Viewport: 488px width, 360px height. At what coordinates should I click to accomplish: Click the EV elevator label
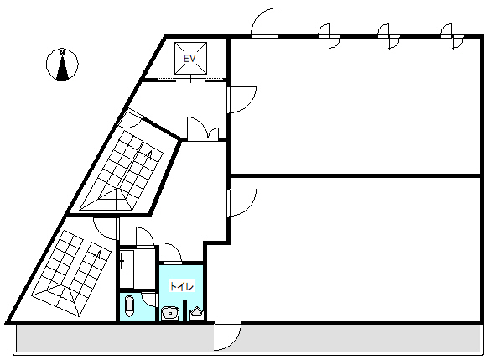coord(189,58)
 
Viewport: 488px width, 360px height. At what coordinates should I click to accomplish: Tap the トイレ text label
coord(182,286)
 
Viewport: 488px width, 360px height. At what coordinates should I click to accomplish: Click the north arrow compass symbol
coord(62,64)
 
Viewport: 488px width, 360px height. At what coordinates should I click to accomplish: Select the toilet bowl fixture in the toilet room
coord(170,313)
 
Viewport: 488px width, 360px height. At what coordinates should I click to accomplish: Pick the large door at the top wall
coord(264,23)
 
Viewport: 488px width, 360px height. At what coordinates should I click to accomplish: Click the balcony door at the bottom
coord(227,337)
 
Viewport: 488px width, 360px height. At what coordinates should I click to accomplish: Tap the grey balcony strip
coord(247,338)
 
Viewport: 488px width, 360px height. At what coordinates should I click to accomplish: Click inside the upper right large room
coord(355,106)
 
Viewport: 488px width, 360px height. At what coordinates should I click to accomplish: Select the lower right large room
coord(355,249)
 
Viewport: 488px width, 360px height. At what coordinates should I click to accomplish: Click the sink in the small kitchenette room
coord(127,260)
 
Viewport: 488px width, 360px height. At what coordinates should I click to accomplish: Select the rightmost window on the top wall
coord(452,36)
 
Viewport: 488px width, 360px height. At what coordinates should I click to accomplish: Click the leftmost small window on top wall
coord(330,36)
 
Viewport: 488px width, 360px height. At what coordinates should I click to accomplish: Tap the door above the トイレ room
coord(173,253)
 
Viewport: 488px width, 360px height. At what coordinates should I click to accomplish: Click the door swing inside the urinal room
coord(148,300)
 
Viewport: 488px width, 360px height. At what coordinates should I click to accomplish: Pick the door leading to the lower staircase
coord(106,228)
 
